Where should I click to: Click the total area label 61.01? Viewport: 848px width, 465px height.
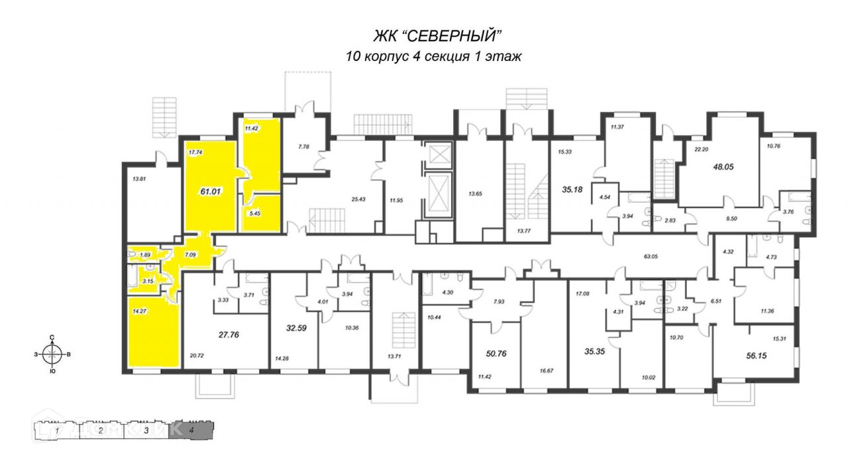[x=210, y=191]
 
